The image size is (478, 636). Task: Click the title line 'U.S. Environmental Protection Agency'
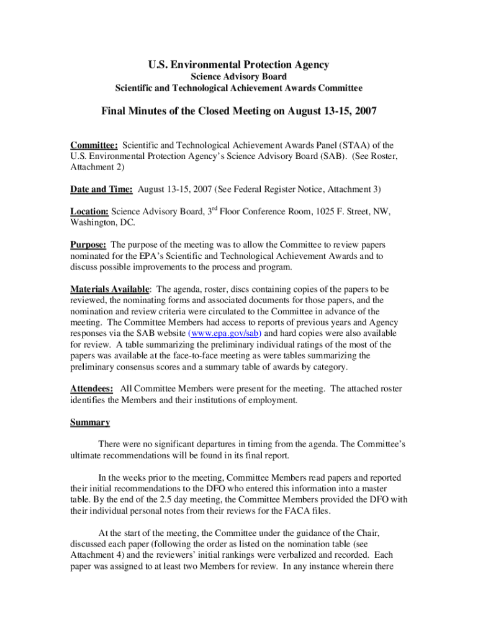[239, 65]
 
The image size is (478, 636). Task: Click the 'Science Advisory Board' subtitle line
[239, 76]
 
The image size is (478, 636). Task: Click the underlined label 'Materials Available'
[109, 289]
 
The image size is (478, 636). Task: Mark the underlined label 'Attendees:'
[91, 389]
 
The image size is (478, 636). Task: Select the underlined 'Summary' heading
[90, 423]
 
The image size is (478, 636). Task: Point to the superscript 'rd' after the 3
[213, 208]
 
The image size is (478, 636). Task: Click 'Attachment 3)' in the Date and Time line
[354, 188]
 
